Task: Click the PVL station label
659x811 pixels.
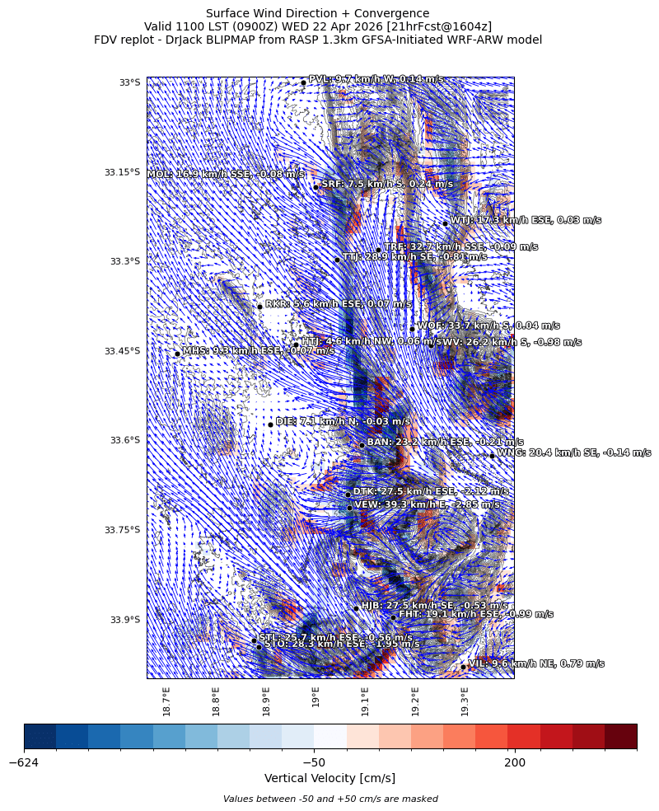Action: (x=375, y=79)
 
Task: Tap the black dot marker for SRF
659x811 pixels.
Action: (x=315, y=187)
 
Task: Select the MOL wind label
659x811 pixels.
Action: (x=226, y=174)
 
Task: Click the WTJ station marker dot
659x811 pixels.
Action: (x=445, y=223)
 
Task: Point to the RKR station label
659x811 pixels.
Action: (x=338, y=304)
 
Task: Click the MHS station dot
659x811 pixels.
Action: (x=177, y=354)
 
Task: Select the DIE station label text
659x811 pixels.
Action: (x=343, y=421)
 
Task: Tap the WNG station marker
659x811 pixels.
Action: (x=492, y=456)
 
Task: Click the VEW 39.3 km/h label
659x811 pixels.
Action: (x=427, y=504)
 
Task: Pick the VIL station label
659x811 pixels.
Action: (x=535, y=663)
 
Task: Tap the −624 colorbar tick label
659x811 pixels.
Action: (x=25, y=762)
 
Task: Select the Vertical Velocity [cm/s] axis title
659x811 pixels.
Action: (x=329, y=778)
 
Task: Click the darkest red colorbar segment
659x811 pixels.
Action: (x=620, y=736)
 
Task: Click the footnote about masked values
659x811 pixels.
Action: (x=329, y=799)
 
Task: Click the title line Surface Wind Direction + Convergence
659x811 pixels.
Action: (x=317, y=13)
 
